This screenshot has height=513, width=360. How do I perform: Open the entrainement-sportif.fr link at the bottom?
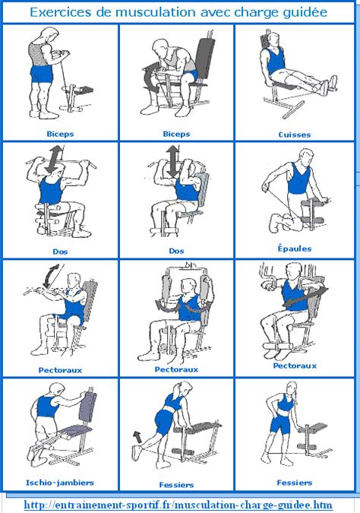tap(179, 504)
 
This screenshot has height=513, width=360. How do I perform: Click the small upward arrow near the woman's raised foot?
tap(137, 436)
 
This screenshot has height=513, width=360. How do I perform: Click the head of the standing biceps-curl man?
tap(49, 35)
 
